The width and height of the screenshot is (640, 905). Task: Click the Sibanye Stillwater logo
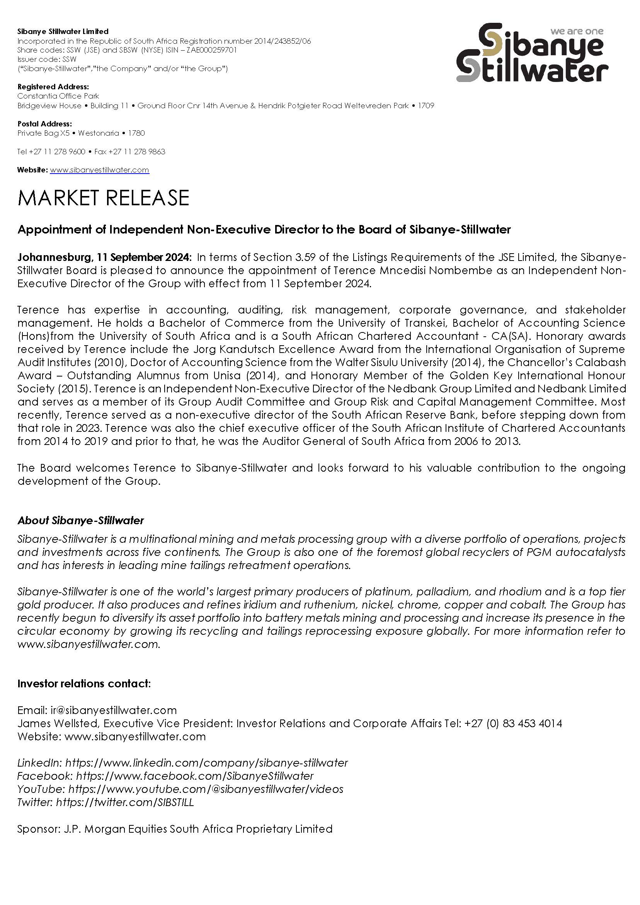click(532, 53)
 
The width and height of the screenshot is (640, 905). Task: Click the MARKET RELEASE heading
click(103, 198)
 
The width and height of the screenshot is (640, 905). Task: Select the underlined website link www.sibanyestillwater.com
click(99, 170)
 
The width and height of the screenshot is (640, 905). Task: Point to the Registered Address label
click(53, 87)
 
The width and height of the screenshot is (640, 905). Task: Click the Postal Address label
click(44, 124)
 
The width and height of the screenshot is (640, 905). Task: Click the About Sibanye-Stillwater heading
click(81, 521)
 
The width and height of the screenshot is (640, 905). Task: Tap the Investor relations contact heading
click(84, 683)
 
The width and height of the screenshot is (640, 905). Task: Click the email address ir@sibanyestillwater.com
click(114, 710)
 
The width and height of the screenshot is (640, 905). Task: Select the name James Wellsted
click(58, 723)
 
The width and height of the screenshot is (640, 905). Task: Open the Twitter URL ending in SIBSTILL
click(125, 803)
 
